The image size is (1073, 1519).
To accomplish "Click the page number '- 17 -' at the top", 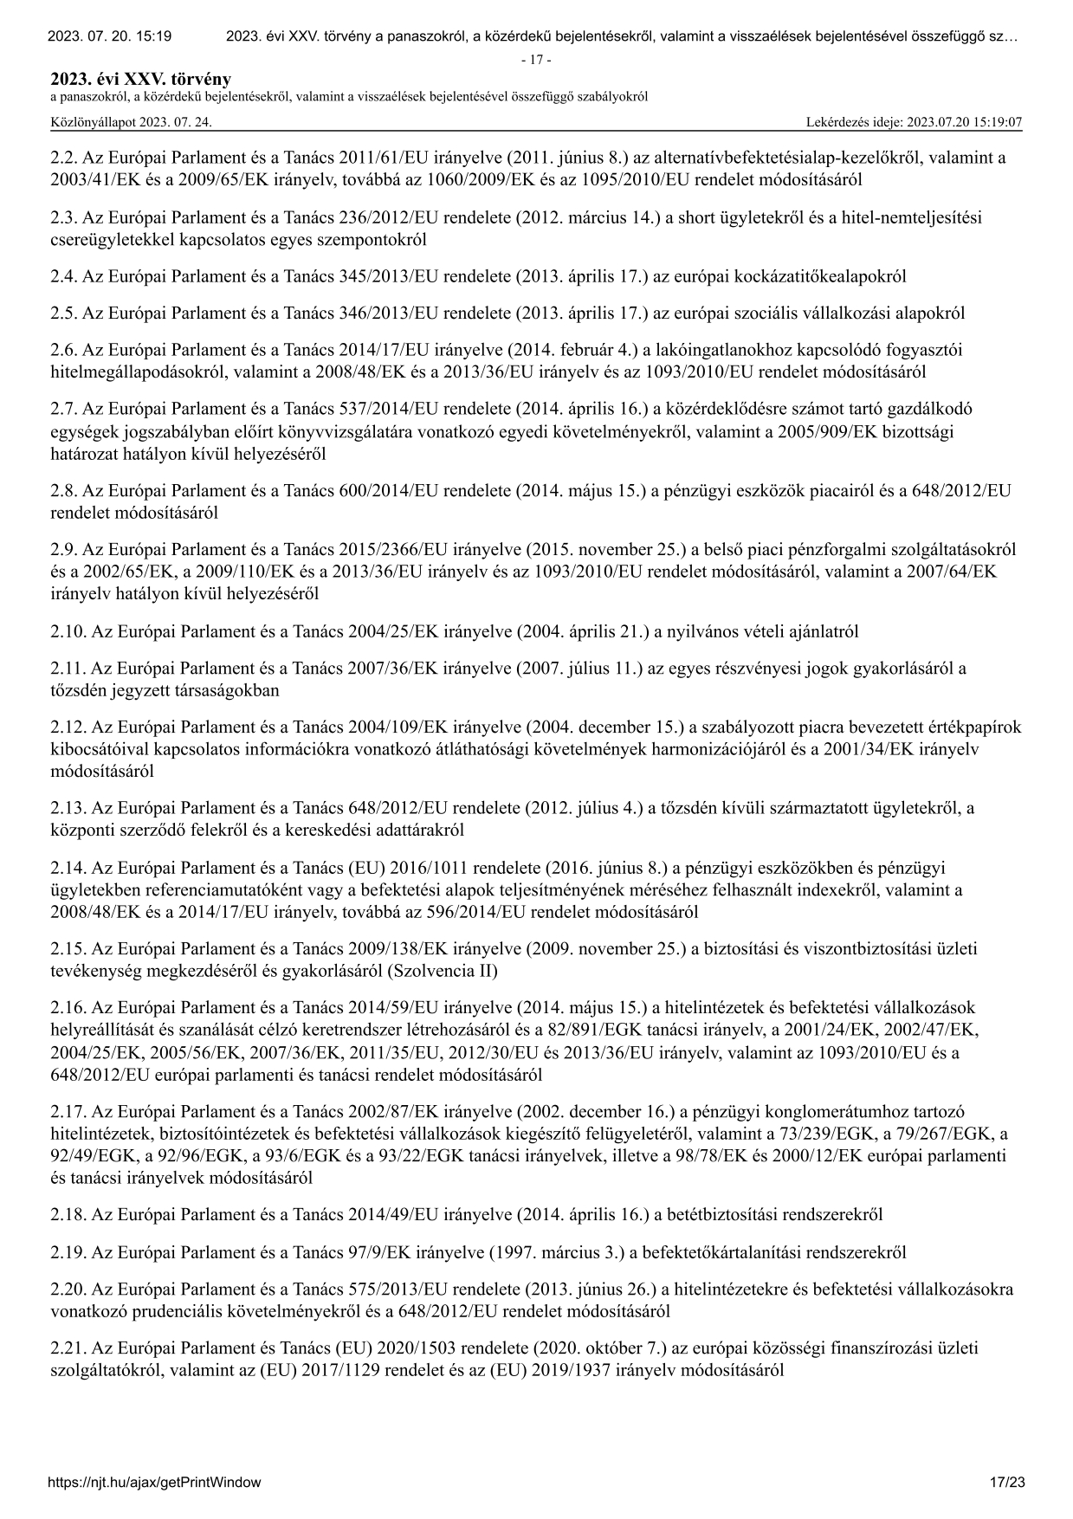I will pyautogui.click(x=536, y=60).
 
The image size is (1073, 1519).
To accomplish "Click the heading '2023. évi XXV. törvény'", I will pyautogui.click(x=141, y=80).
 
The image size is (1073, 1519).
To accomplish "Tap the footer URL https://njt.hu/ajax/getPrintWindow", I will pyautogui.click(x=155, y=1482).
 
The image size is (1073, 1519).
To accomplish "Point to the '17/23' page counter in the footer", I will pyautogui.click(x=1007, y=1482).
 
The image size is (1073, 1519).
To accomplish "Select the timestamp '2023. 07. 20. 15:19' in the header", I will pyautogui.click(x=109, y=36).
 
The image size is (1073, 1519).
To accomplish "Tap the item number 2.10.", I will pyautogui.click(x=68, y=631).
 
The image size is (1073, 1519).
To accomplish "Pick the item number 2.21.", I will pyautogui.click(x=68, y=1348).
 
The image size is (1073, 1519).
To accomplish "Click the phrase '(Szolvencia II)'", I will pyautogui.click(x=445, y=970).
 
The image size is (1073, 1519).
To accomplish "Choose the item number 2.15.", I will pyautogui.click(x=68, y=948).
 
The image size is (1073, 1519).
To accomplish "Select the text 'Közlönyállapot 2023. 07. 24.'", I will pyautogui.click(x=131, y=122).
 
